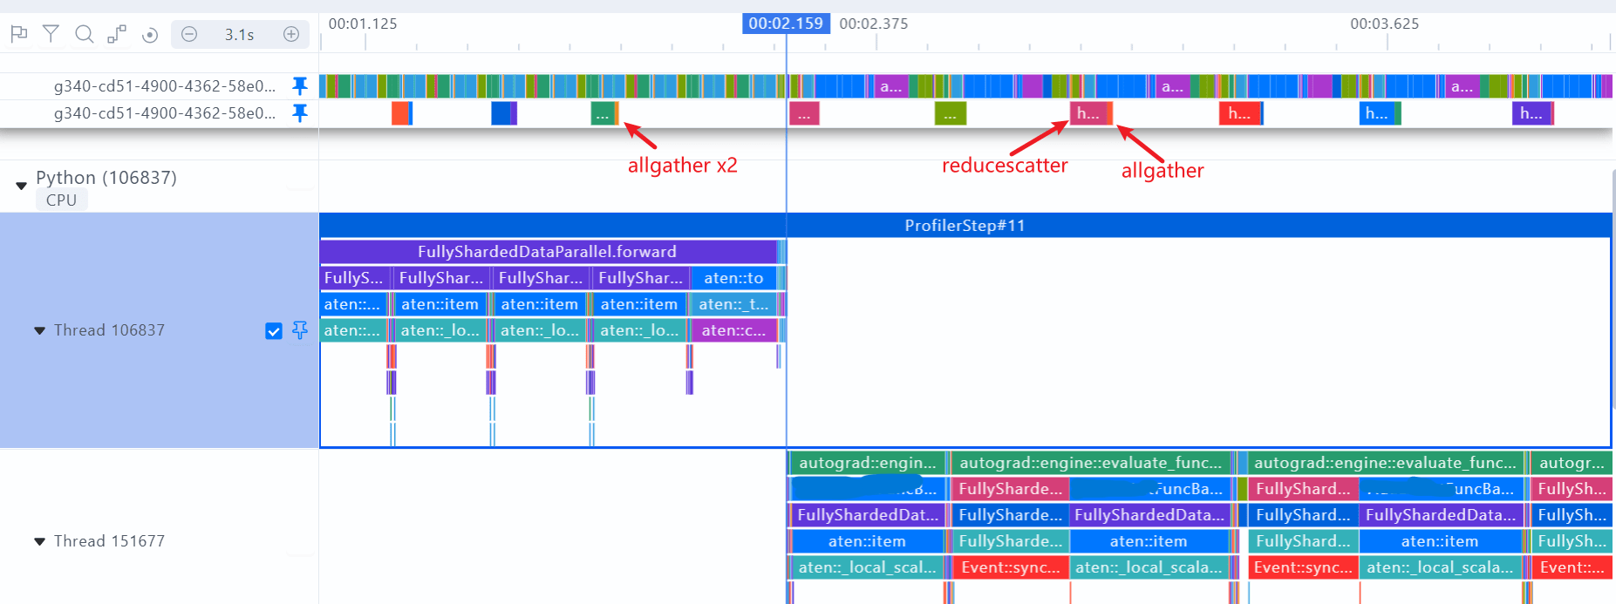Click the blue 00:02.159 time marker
[x=785, y=24]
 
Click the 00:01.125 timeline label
[x=363, y=24]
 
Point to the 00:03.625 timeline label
[x=1384, y=24]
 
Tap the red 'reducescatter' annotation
[x=1005, y=166]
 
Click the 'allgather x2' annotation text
[x=682, y=166]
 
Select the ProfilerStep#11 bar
[x=965, y=226]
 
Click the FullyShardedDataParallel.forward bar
[x=547, y=252]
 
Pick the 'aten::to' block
[x=733, y=278]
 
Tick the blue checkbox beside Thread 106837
[x=274, y=331]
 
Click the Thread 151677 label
[x=109, y=541]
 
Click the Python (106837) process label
[x=106, y=178]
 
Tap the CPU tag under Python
[x=61, y=200]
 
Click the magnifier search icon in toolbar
[x=84, y=34]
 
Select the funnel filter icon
[x=51, y=34]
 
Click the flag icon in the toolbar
[x=18, y=34]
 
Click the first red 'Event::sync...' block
[x=1010, y=567]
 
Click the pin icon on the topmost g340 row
[x=299, y=85]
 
